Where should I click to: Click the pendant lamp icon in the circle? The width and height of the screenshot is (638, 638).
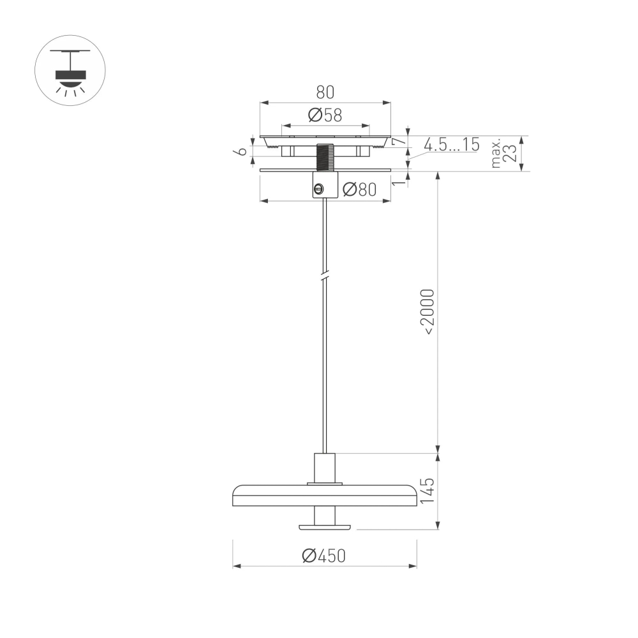click(70, 70)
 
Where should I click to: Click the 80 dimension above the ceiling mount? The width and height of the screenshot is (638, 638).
click(325, 92)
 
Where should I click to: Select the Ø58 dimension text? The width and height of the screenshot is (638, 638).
click(325, 115)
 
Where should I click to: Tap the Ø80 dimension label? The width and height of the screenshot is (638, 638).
click(359, 189)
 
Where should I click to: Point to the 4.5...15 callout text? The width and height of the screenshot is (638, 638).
click(451, 145)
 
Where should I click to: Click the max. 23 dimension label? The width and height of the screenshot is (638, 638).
click(503, 153)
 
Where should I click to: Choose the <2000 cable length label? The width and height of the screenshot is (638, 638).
click(427, 312)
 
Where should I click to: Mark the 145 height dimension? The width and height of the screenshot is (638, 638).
click(427, 491)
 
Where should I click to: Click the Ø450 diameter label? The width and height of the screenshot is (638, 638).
click(324, 556)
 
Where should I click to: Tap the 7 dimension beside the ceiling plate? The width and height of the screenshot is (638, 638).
click(397, 142)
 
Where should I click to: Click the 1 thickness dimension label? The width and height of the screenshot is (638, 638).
click(398, 182)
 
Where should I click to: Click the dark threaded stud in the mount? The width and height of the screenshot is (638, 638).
click(325, 157)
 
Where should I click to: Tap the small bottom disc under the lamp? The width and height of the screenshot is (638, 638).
click(324, 526)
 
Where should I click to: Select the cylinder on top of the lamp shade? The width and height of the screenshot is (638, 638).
click(324, 468)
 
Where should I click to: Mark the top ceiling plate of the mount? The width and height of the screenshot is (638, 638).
click(325, 138)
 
